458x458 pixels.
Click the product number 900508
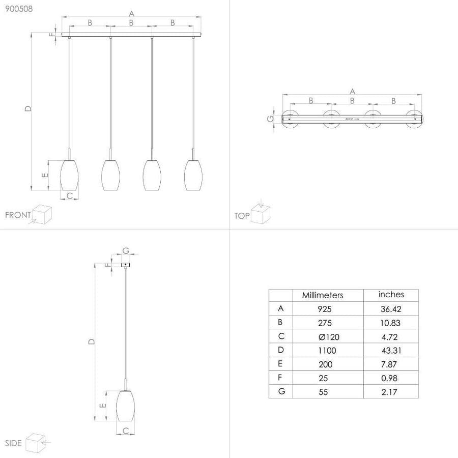tap(19, 9)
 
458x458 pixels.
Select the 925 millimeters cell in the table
tap(325, 309)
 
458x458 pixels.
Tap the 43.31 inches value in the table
tap(391, 351)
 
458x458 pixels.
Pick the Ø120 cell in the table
tap(329, 337)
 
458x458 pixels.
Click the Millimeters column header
tap(323, 295)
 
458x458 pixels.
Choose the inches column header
tap(391, 295)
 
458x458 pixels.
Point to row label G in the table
tap(281, 391)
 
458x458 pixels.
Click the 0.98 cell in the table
tap(389, 378)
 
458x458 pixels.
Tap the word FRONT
tap(18, 215)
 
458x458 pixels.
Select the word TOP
tap(242, 216)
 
